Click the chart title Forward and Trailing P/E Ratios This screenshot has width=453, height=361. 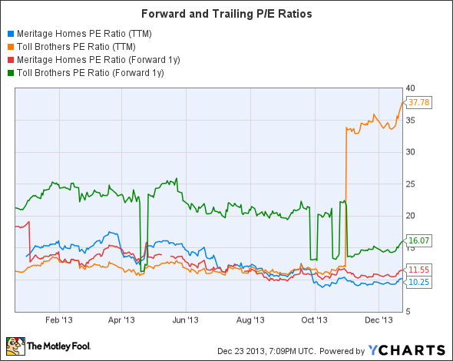coord(226,13)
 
